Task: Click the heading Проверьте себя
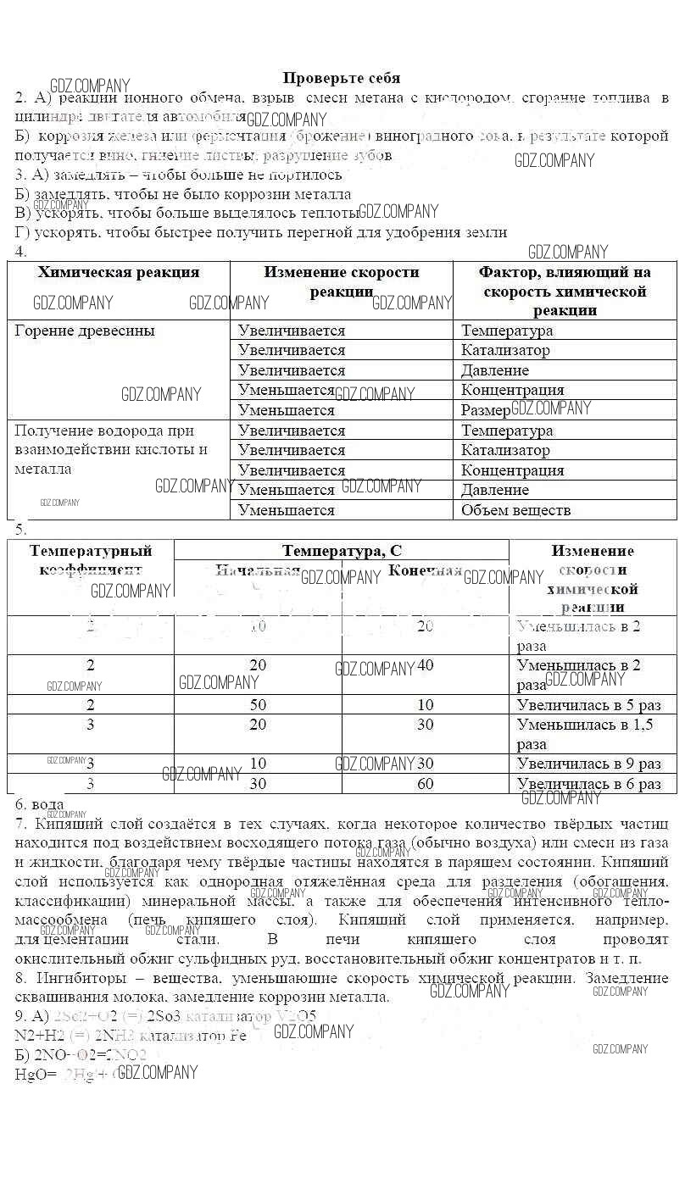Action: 342,78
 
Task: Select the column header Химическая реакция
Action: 119,272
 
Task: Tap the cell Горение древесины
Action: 85,331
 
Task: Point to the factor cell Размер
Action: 485,410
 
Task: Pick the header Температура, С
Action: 342,551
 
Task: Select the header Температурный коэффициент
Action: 91,560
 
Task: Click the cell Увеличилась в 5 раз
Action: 588,705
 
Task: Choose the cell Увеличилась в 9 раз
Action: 588,764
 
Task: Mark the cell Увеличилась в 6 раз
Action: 588,784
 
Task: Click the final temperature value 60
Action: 426,784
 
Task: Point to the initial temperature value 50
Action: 258,705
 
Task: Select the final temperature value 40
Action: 426,665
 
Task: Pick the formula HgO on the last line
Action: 32,1075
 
